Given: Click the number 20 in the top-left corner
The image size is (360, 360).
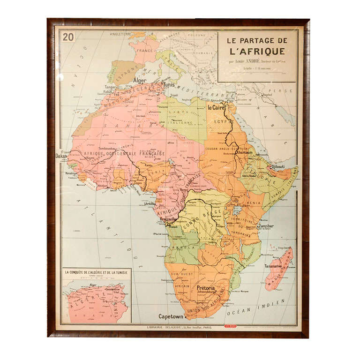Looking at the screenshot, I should pyautogui.click(x=68, y=37).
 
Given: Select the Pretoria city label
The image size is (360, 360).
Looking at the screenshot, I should pyautogui.click(x=205, y=288).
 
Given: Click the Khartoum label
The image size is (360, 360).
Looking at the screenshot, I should pyautogui.click(x=243, y=152).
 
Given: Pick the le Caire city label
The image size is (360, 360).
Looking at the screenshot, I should pyautogui.click(x=217, y=108).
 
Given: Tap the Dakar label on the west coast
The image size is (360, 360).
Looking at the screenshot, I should pyautogui.click(x=61, y=156).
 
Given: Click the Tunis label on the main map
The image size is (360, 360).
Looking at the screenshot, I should pyautogui.click(x=169, y=85).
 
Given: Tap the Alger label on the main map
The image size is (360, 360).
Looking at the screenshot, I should pyautogui.click(x=140, y=81).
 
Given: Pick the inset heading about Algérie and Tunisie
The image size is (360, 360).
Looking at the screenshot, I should pyautogui.click(x=97, y=272).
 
